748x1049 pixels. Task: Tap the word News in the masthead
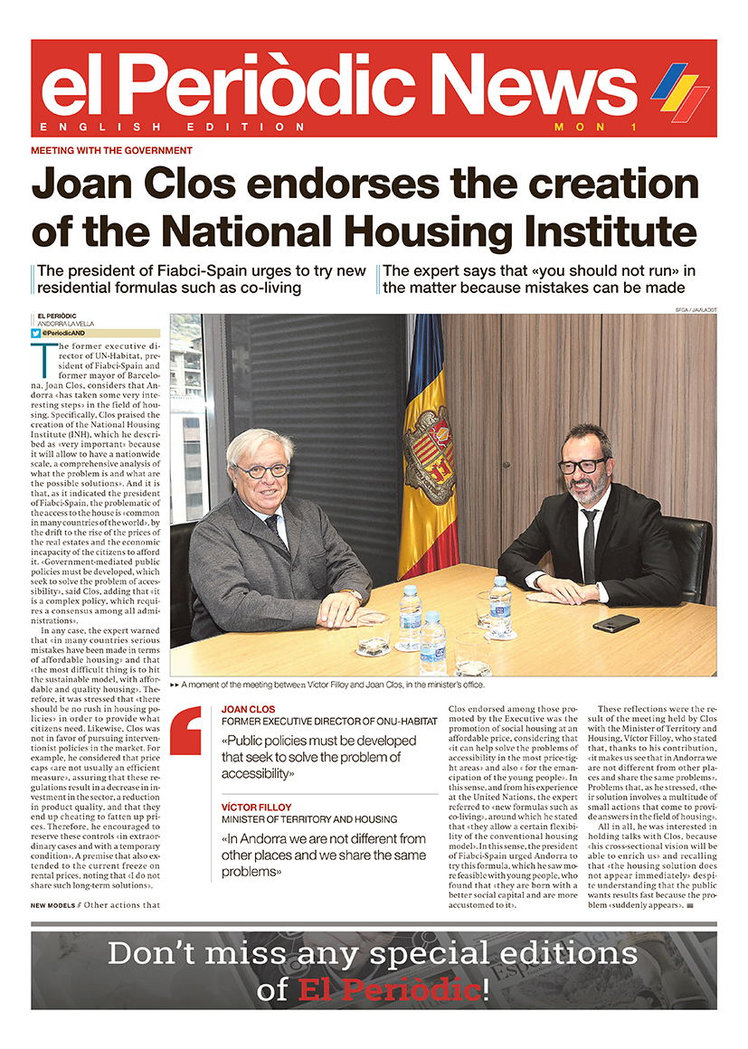pos(539,86)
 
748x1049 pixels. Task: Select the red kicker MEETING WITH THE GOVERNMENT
pos(111,151)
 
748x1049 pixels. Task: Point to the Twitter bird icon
pos(36,334)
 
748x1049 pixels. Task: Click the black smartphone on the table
pos(617,622)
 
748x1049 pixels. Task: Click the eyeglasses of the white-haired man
pos(262,470)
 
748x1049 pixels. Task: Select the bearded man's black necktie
pos(590,543)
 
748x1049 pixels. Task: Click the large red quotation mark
pos(185,728)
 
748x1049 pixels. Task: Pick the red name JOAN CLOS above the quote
pos(249,710)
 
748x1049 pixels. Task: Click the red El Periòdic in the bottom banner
pos(390,989)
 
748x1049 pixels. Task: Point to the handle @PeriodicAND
pos(69,334)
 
